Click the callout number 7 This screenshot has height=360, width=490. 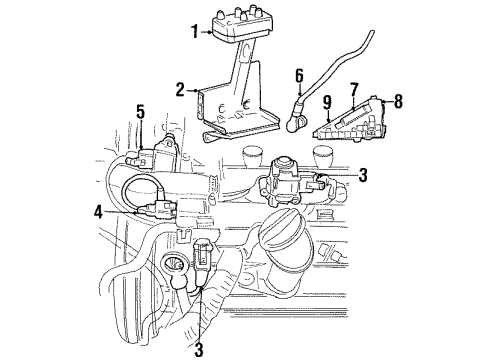[x=353, y=90]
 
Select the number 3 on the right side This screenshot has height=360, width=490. [x=363, y=174]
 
